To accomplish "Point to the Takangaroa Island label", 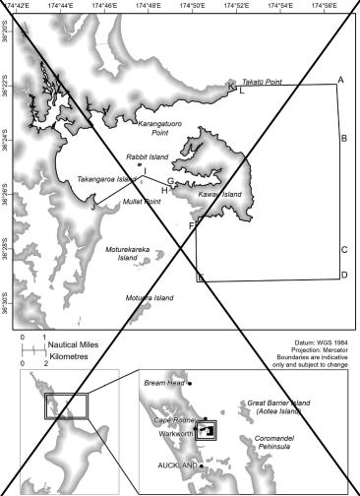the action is click(x=106, y=180).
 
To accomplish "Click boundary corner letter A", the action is click(x=340, y=79).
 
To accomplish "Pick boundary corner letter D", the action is click(x=343, y=274).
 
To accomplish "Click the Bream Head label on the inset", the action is click(x=161, y=382).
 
